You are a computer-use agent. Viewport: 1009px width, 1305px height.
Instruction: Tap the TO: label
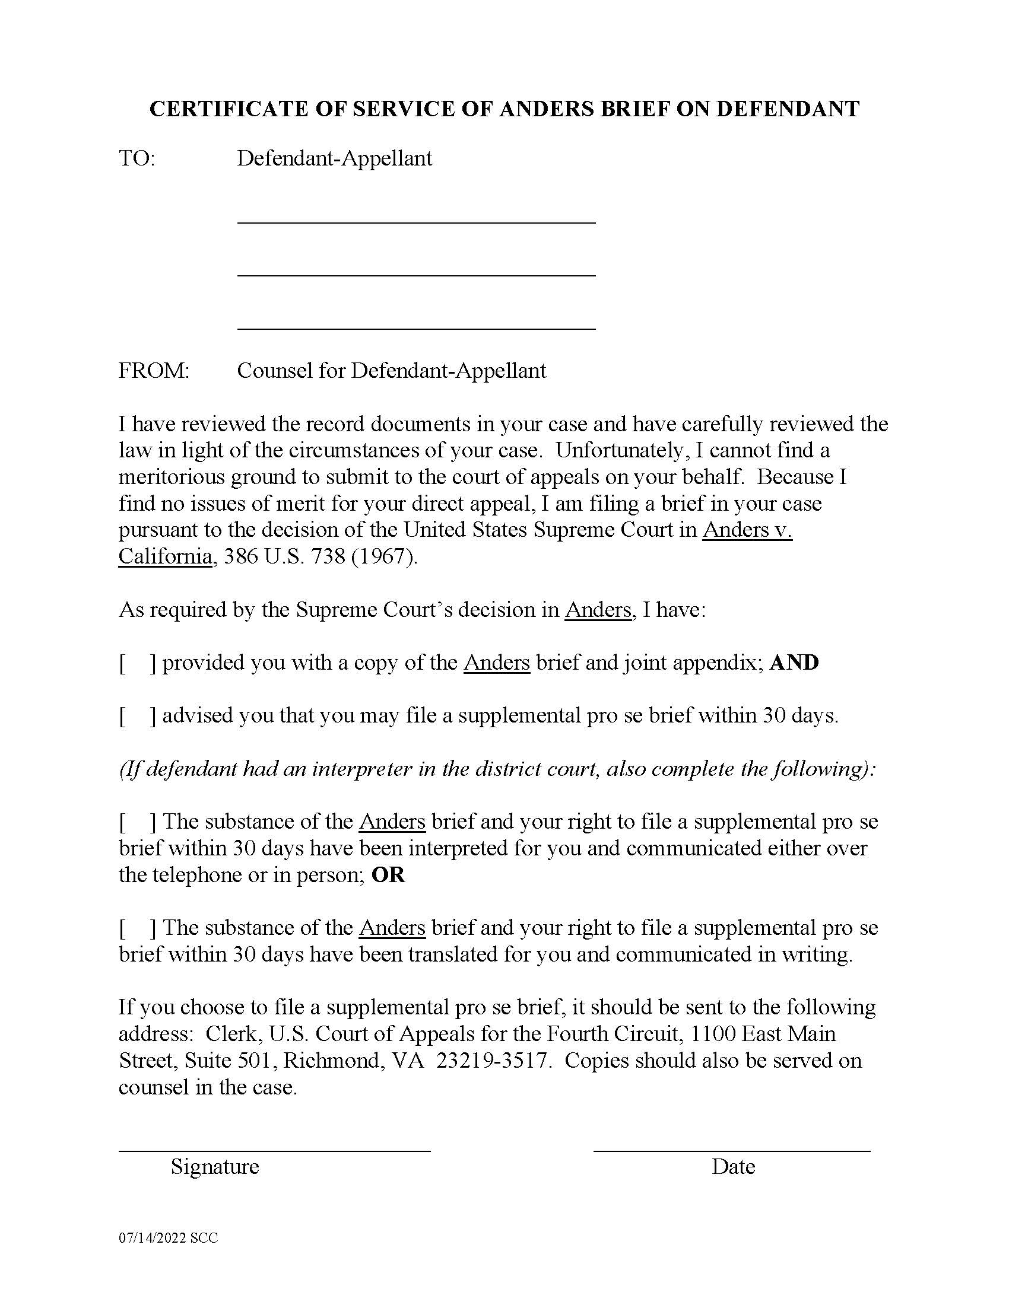click(137, 158)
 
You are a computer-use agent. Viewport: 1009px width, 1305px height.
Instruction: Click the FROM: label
click(154, 371)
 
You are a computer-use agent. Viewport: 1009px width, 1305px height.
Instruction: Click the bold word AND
click(794, 663)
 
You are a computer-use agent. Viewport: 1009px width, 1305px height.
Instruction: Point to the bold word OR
click(388, 875)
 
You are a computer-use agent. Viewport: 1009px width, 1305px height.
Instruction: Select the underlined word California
click(165, 556)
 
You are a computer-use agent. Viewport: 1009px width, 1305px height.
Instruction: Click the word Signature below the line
click(215, 1166)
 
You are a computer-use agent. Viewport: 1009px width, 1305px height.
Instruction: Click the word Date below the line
click(733, 1166)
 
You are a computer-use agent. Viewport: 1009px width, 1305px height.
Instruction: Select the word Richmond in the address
click(334, 1060)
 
